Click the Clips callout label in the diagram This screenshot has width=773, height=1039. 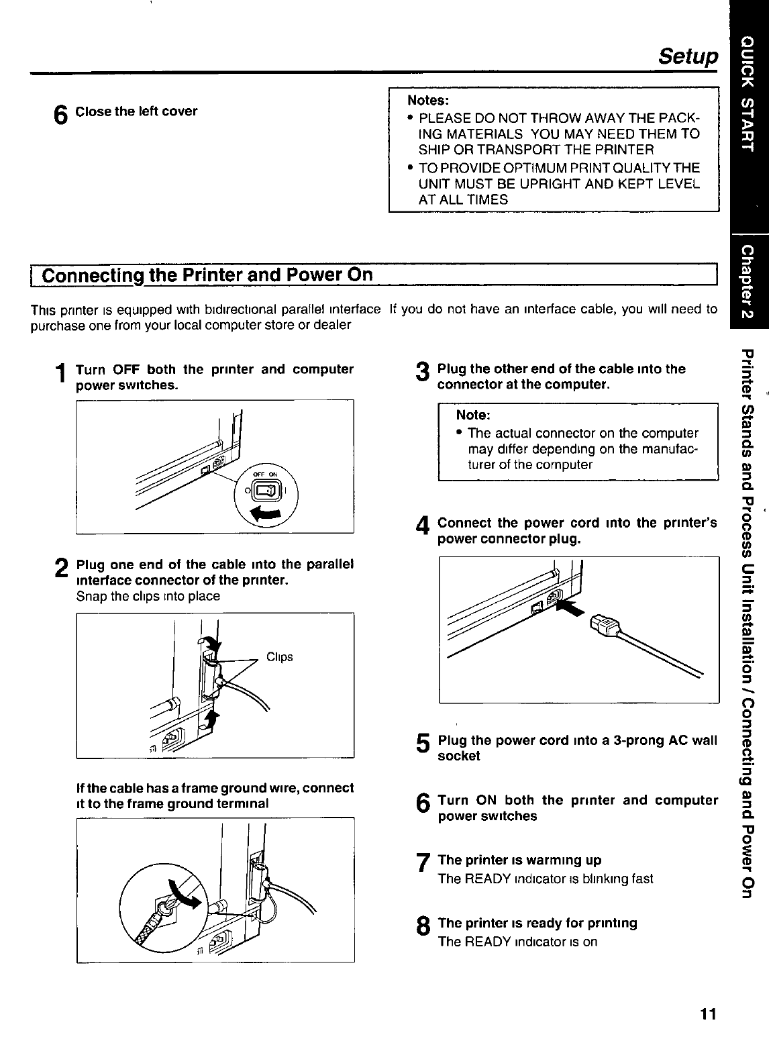tap(280, 657)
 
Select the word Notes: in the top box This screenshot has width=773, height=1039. tap(428, 100)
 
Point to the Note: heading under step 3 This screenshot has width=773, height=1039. tap(473, 415)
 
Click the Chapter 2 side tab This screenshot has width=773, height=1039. tap(750, 281)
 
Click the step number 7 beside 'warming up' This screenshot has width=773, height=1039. tap(422, 864)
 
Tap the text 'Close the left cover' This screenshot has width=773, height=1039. tap(136, 111)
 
